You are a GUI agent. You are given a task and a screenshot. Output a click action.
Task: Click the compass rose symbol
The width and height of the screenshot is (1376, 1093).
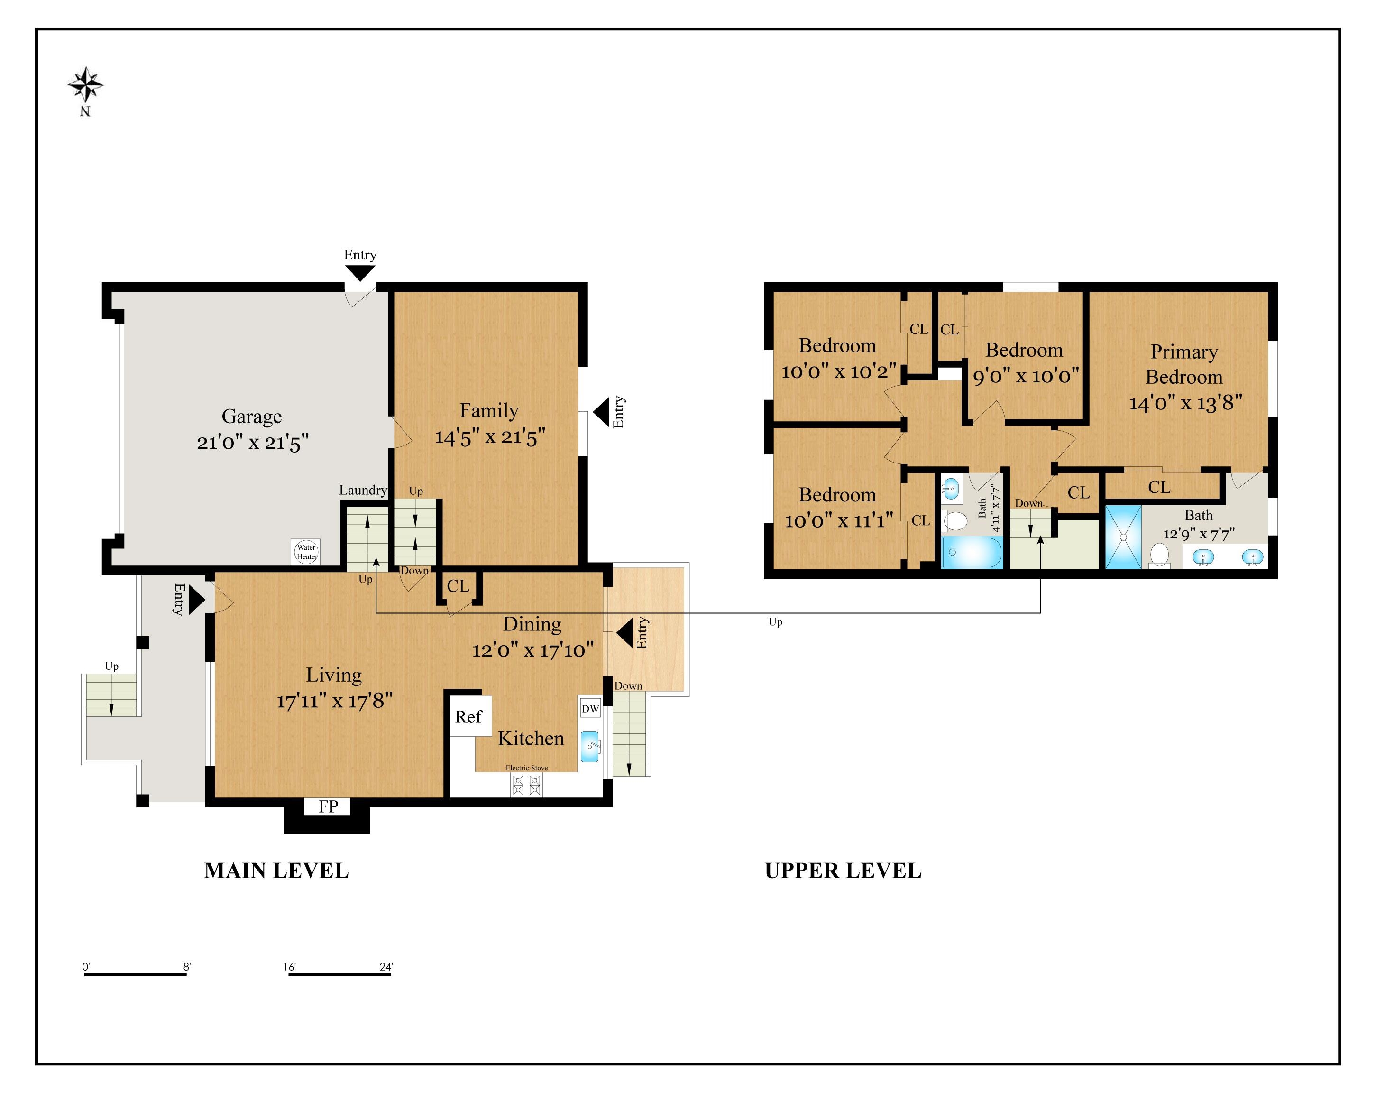[x=85, y=85]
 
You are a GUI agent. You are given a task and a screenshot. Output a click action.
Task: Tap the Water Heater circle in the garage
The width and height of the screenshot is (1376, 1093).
[x=306, y=552]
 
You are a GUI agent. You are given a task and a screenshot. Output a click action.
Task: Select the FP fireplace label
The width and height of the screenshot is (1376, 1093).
[x=328, y=806]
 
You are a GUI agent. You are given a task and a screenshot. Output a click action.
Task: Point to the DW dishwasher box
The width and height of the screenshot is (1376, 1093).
[x=590, y=708]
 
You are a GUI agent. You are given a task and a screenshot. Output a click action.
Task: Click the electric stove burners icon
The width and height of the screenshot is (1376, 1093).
[x=526, y=785]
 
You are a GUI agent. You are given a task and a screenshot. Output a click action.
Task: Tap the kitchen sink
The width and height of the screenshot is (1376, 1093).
[x=590, y=746]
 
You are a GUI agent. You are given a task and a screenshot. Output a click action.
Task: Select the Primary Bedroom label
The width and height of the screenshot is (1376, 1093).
[x=1184, y=364]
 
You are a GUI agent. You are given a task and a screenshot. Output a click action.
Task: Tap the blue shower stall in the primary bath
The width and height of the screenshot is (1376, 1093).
[x=1123, y=537]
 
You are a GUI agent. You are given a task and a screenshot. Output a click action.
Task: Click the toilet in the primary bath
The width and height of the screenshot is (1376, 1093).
[x=1159, y=555]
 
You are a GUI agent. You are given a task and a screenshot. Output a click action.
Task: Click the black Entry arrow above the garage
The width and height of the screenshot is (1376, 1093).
[x=360, y=273]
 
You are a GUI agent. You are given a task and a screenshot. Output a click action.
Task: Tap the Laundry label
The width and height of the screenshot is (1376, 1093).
[x=363, y=490]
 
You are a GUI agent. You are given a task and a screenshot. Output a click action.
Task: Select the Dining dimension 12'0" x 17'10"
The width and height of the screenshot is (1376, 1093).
[x=533, y=650]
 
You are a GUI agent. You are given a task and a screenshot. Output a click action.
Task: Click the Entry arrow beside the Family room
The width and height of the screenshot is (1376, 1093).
[x=602, y=412]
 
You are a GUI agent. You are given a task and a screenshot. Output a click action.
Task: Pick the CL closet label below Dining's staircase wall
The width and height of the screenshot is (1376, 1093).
[x=458, y=586]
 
